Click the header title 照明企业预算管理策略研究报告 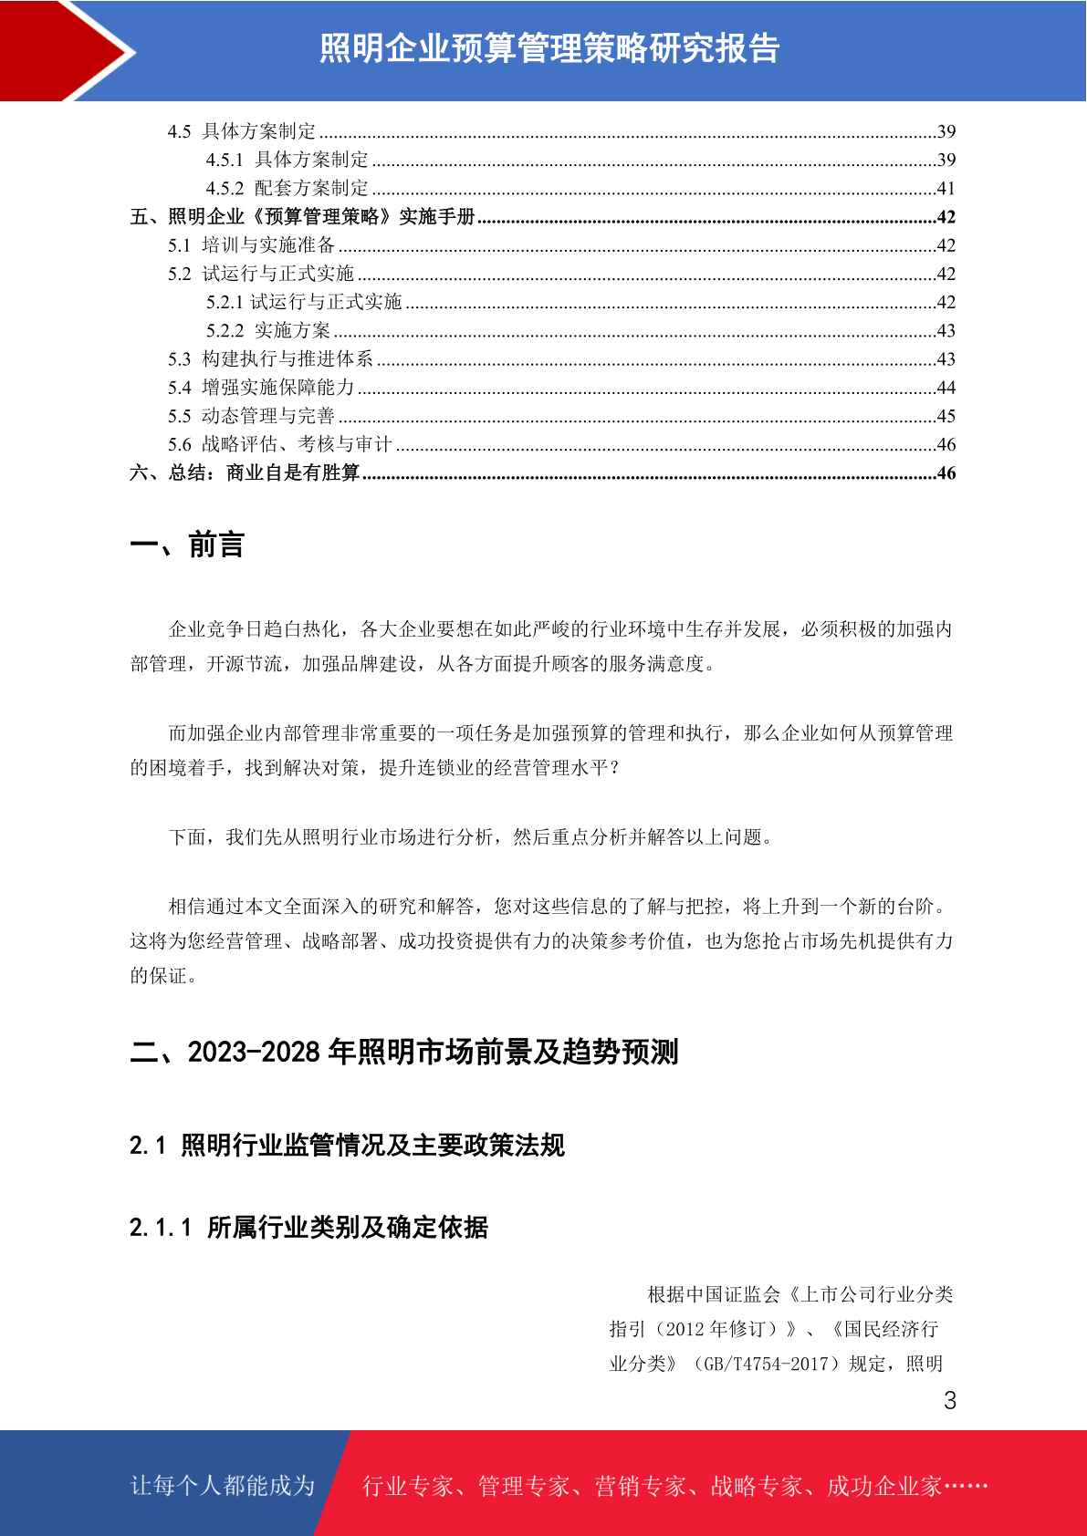[x=549, y=48]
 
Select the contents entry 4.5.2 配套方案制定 [x=287, y=188]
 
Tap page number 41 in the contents [x=946, y=188]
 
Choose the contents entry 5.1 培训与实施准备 [x=252, y=245]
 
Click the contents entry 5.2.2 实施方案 [x=268, y=330]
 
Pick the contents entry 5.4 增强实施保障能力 [x=261, y=388]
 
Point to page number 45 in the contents [x=946, y=416]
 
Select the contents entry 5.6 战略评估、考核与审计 [x=280, y=444]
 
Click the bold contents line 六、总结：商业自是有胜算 [x=245, y=472]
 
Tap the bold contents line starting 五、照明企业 [x=303, y=217]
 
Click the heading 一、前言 [x=187, y=545]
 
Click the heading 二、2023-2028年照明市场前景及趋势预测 [x=404, y=1052]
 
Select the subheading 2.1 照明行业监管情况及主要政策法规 [x=347, y=1145]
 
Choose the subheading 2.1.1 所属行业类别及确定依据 [x=308, y=1227]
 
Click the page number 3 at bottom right [x=950, y=1400]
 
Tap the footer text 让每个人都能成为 [x=223, y=1485]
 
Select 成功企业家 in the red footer [x=883, y=1486]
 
